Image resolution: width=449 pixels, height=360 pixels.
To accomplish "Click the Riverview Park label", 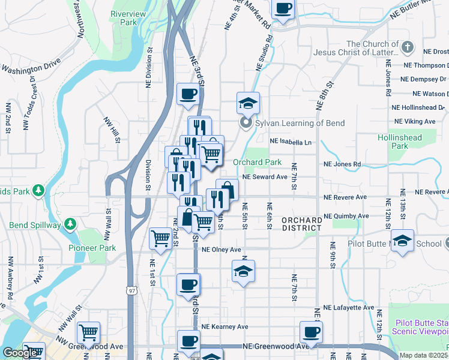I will pos(124,17).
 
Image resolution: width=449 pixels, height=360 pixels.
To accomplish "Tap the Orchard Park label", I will pos(257,162).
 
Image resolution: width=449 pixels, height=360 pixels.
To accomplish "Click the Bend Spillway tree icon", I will pos(71,224).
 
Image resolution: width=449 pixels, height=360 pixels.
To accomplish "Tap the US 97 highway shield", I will pos(131,290).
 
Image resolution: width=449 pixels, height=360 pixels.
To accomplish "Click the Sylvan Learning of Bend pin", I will pos(245,124).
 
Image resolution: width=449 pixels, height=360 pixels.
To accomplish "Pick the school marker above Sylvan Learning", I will pos(247,103).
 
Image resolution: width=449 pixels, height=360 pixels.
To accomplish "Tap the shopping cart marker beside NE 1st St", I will pos(160,239).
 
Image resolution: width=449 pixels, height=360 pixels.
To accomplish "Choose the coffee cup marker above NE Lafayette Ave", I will pos(188,284).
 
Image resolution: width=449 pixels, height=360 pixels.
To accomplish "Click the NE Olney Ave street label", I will pos(221,250).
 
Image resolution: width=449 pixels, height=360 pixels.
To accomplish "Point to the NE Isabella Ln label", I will pos(291,142).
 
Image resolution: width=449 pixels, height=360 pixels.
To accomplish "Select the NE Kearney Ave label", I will pos(224,327).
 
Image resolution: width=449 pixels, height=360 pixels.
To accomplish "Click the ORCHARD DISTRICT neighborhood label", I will pos(302,224).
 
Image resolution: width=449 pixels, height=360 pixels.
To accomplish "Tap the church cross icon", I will pos(408,47).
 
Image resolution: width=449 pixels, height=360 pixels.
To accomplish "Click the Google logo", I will pos(20,353).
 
